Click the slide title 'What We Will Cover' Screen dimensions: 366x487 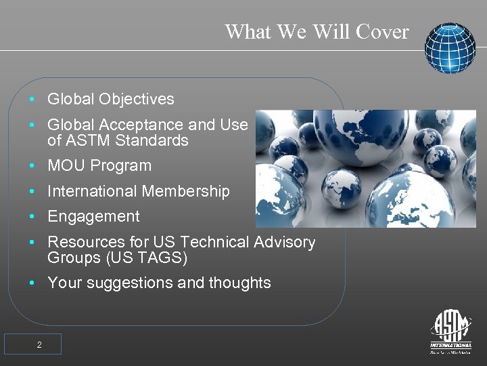317,32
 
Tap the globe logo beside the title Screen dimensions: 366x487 450,48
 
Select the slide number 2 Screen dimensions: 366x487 39,345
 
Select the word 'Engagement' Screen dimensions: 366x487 93,217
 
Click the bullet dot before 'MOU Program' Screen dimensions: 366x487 32,166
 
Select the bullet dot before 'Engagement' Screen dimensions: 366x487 32,218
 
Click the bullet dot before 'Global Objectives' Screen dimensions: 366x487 32,100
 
